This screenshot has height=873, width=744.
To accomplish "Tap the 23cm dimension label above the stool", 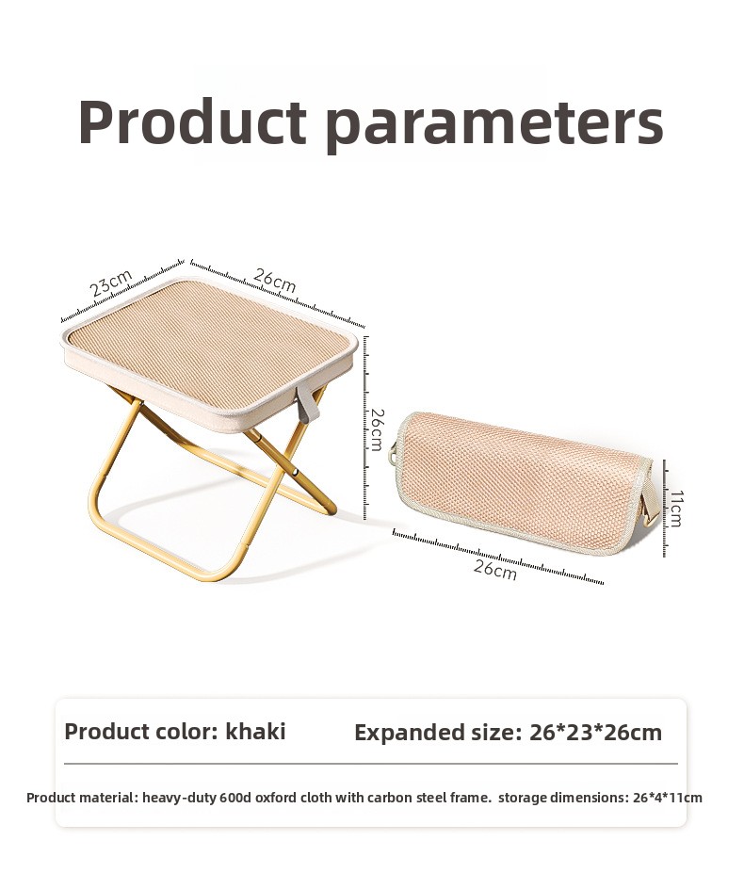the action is [111, 283].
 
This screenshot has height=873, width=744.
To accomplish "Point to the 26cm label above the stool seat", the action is [275, 280].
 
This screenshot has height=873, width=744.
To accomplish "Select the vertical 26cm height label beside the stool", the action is [377, 429].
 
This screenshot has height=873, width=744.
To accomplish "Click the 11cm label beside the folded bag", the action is [675, 509].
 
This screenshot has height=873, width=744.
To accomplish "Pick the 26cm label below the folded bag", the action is [495, 570].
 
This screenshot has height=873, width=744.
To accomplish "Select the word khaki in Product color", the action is [255, 731].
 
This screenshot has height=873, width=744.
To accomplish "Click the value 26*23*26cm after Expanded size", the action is [596, 733].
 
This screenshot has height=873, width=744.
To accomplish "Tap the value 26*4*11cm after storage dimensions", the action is [668, 798].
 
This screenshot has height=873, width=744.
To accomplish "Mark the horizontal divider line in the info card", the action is [371, 764].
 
